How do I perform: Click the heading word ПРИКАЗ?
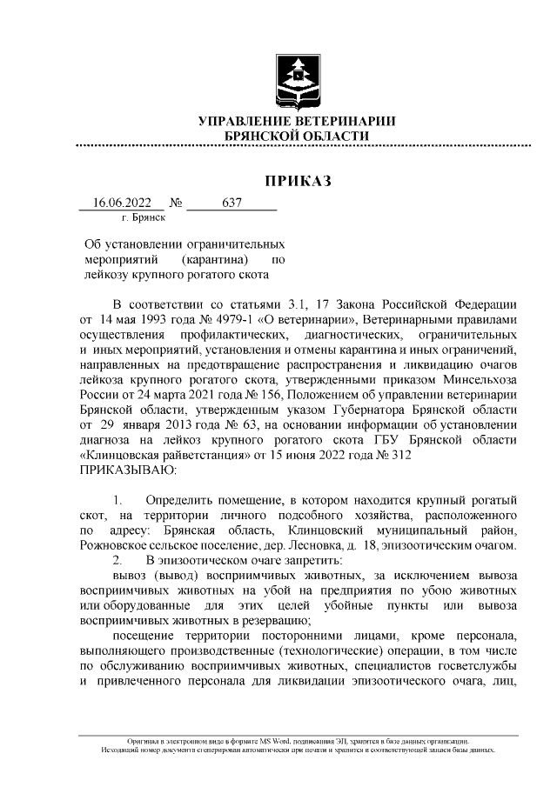298,181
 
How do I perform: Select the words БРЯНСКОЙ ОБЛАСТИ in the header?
297,136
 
